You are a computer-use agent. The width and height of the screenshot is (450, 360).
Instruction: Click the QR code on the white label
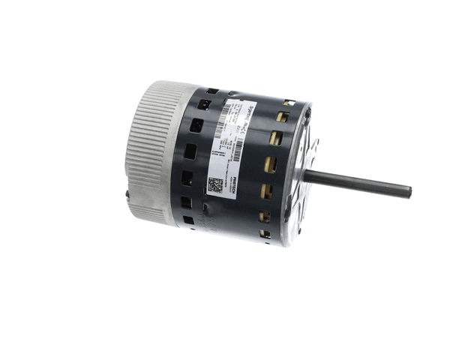[215, 186]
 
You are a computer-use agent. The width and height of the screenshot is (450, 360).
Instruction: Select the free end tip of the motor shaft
[409, 192]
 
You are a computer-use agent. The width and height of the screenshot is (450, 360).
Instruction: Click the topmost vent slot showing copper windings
[288, 103]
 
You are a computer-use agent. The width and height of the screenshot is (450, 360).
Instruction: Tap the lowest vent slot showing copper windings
[265, 234]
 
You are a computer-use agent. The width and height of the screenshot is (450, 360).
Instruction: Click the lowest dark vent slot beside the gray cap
[188, 220]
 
